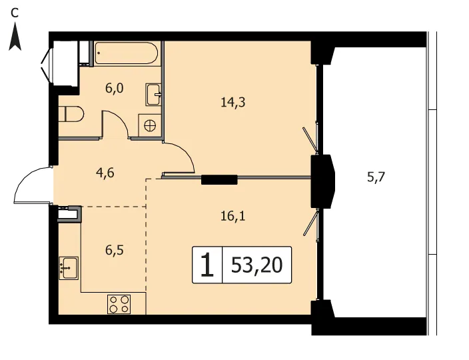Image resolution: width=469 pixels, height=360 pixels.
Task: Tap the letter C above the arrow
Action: pos(15,13)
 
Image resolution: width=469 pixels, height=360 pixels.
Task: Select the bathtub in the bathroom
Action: pos(126,53)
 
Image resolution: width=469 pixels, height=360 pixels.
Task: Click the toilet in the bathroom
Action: pos(71,114)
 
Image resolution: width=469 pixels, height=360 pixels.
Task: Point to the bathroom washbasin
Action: pos(153,94)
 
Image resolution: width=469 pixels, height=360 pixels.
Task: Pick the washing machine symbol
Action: pos(150,125)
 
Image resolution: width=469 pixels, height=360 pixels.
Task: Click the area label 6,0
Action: pos(115,89)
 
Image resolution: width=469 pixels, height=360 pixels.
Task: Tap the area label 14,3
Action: pos(233,103)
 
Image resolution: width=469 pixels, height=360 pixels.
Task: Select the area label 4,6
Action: pos(105,173)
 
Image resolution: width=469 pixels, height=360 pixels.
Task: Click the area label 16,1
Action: pos(233,216)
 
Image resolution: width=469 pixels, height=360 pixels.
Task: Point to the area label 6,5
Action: pos(115,250)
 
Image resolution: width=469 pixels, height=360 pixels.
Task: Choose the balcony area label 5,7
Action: pos(376,178)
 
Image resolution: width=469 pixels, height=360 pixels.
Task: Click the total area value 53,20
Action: pos(256,265)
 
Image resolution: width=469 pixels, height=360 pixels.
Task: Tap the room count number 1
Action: pos(207,265)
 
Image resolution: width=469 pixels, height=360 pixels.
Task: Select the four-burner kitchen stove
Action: pos(119,305)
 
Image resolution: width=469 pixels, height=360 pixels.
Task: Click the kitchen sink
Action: pos(69,268)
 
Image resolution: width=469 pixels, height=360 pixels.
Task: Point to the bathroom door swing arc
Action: pos(121,117)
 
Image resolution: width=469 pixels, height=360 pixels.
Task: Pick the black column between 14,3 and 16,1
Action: pos(219,179)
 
